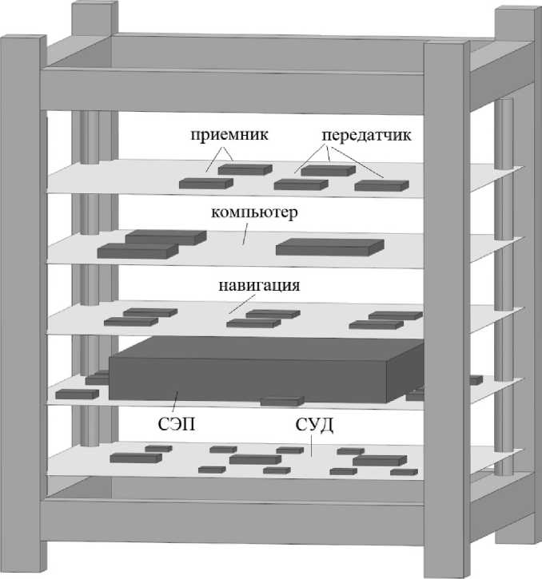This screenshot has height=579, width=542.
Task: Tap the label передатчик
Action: click(367, 135)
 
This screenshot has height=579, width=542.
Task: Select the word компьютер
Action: click(254, 213)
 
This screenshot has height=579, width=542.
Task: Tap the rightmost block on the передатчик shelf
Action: click(381, 186)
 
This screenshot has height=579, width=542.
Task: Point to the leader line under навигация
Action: click(237, 303)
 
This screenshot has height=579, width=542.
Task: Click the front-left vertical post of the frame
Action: click(22, 303)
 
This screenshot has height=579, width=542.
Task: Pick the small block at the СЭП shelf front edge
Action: click(282, 401)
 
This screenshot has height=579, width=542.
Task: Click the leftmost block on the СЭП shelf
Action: click(77, 394)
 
